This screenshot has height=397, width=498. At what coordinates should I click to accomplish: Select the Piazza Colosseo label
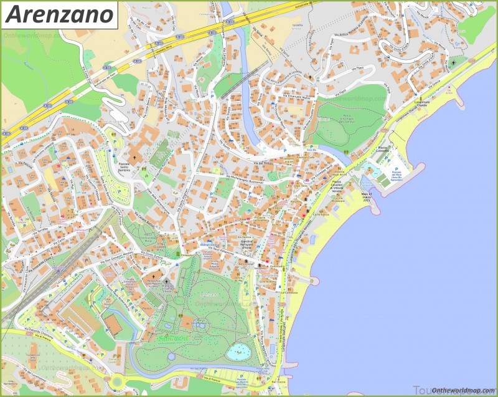click(382, 150)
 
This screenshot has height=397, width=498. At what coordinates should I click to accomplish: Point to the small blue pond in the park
click(238, 352)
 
